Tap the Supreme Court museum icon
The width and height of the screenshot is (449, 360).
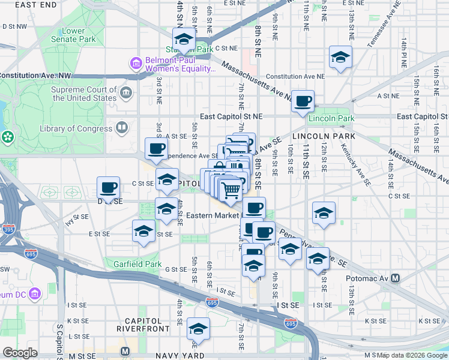coord(127,92)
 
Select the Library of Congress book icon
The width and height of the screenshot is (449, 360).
coord(122,128)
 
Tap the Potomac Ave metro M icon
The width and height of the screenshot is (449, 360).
coord(395,278)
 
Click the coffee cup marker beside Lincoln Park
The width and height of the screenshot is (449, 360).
coord(303,101)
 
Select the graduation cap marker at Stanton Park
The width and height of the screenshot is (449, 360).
coord(184,38)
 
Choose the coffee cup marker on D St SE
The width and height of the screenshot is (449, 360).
coord(108,187)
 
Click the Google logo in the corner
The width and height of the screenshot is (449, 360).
coord(20,353)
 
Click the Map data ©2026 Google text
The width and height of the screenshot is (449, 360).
coord(412,355)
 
